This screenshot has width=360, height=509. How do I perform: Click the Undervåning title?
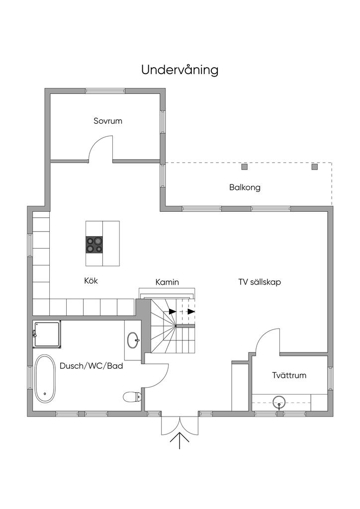pyautogui.click(x=180, y=70)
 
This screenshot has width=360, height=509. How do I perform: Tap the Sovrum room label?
pyautogui.click(x=108, y=121)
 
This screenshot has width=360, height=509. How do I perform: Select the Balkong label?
pyautogui.click(x=245, y=187)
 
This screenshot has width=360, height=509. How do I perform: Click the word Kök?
pyautogui.click(x=91, y=280)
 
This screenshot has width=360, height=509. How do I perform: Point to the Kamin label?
pyautogui.click(x=167, y=282)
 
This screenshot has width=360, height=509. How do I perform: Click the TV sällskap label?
pyautogui.click(x=260, y=282)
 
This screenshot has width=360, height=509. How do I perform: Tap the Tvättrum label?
pyautogui.click(x=289, y=375)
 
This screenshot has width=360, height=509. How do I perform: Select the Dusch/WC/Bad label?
pyautogui.click(x=91, y=366)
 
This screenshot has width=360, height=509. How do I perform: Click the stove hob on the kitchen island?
pyautogui.click(x=94, y=245)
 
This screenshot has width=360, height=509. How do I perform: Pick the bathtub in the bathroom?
pyautogui.click(x=45, y=378)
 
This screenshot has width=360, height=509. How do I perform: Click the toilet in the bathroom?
pyautogui.click(x=132, y=396)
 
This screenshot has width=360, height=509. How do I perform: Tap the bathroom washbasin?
pyautogui.click(x=133, y=340)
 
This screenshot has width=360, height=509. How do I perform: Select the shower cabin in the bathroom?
pyautogui.click(x=47, y=335)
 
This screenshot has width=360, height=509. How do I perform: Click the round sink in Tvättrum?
pyautogui.click(x=279, y=402)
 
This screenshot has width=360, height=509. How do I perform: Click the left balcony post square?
pyautogui.click(x=245, y=167)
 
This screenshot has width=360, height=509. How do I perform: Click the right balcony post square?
pyautogui.click(x=314, y=167)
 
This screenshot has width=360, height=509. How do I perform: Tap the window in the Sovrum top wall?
pyautogui.click(x=105, y=91)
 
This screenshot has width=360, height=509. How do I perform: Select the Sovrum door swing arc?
pyautogui.click(x=96, y=143)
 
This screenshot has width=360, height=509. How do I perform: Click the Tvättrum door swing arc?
pyautogui.click(x=263, y=336)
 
